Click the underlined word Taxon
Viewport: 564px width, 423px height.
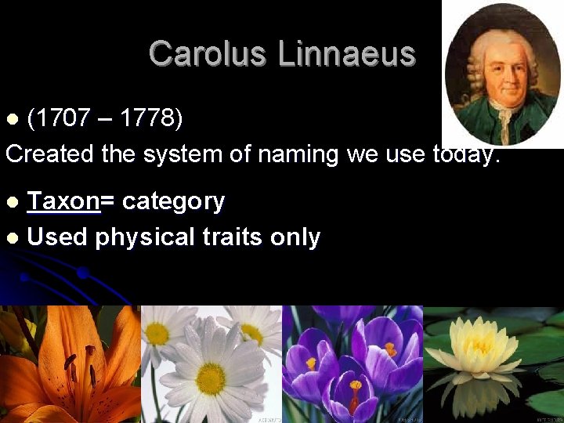pyautogui.click(x=63, y=201)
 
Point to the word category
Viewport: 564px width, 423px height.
pyautogui.click(x=173, y=201)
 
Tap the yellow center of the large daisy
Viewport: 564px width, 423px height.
pyautogui.click(x=211, y=378)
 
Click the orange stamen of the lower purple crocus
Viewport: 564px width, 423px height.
pyautogui.click(x=356, y=386)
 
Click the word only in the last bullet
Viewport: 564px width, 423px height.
pyautogui.click(x=298, y=237)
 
